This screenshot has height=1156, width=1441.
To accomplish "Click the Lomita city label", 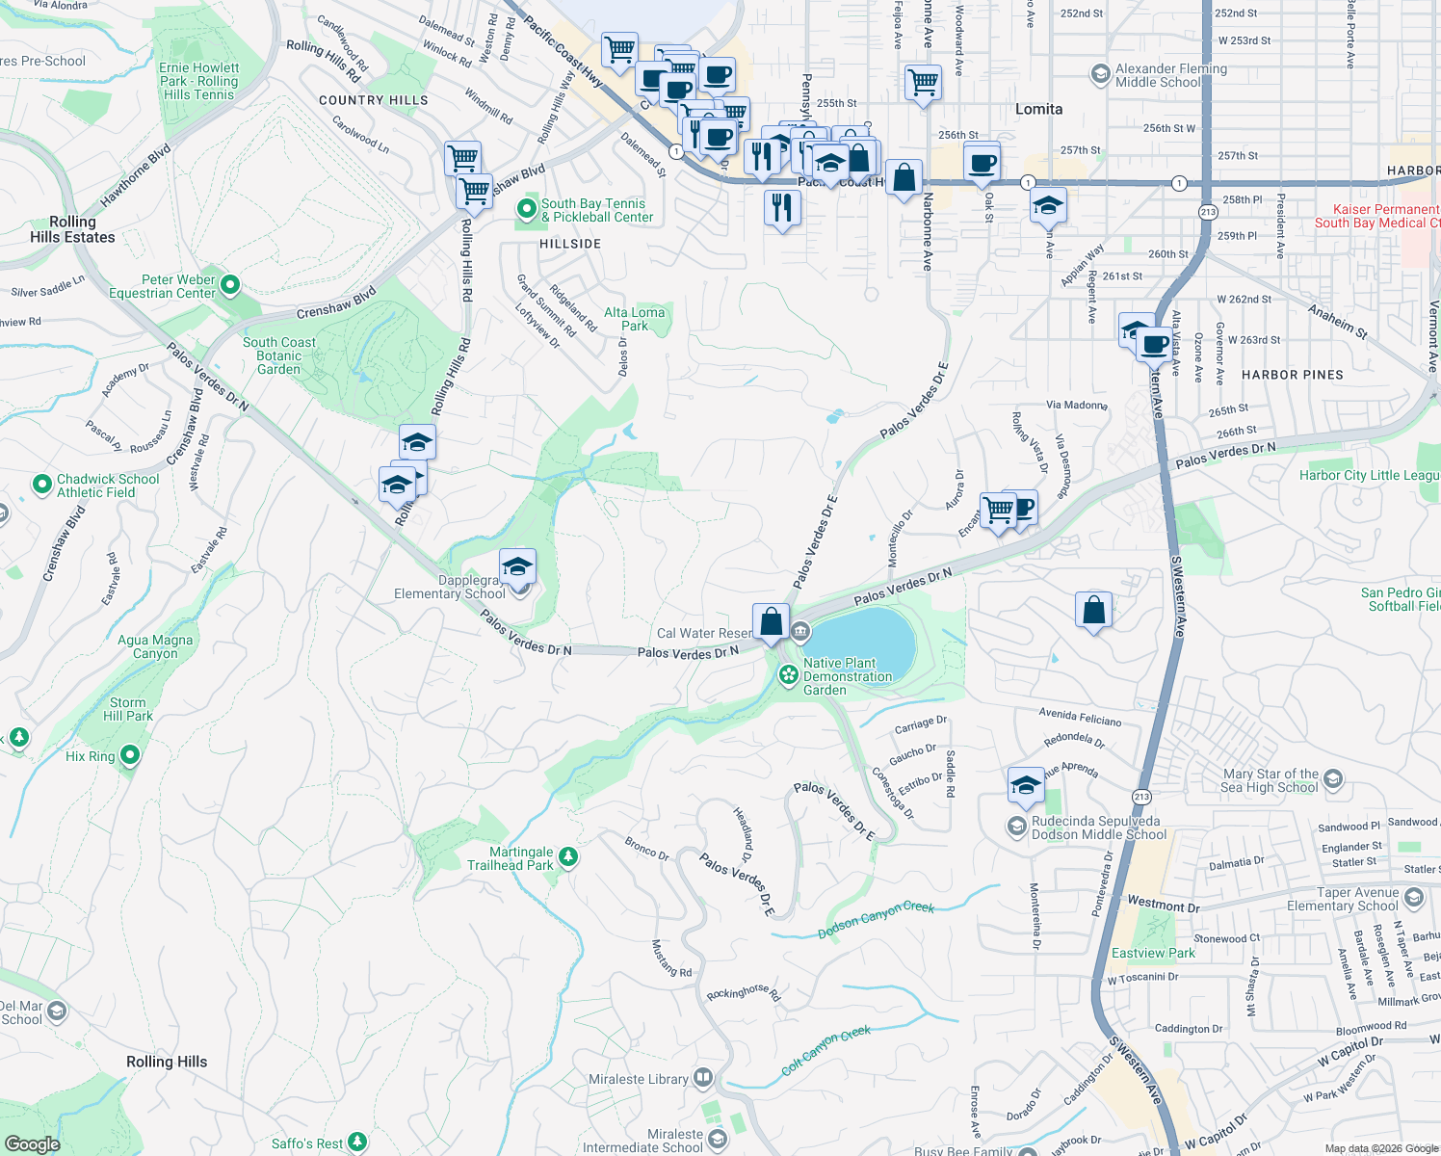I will coord(1038,109).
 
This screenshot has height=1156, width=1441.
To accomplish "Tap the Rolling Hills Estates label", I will coord(72,229).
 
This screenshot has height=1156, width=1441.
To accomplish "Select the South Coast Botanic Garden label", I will coord(278,355).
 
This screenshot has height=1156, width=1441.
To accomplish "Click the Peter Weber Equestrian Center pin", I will coord(230,284).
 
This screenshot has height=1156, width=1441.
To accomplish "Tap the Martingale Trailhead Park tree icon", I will coord(568,856).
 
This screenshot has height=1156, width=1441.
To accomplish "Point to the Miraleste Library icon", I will coord(703,1077).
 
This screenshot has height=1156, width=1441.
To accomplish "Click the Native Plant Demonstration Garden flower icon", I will coord(788,674).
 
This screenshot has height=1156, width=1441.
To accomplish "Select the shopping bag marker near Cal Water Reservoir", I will coord(772,622).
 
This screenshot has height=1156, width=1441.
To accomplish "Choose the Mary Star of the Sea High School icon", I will coord(1333,778).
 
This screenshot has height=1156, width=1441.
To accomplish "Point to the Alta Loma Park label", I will coord(634,319).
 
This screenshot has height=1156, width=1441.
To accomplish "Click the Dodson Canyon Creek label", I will coord(876,920).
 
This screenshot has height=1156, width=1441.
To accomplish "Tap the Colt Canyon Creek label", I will coord(825,1049).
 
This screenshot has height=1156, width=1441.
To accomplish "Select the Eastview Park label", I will coord(1153,953).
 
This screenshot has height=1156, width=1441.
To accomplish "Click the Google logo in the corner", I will coord(33,1143).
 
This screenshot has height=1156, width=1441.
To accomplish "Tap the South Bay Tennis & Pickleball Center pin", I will coord(526,208).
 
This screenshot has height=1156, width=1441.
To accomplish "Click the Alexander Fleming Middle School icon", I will coord(1100,74).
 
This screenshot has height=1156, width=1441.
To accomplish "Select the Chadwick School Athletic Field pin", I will coord(41,484).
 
